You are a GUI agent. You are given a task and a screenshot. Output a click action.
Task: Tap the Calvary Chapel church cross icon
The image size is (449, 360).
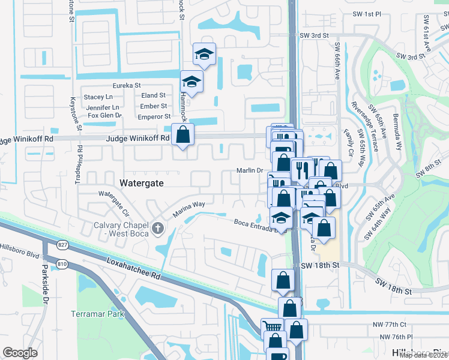point(158,227)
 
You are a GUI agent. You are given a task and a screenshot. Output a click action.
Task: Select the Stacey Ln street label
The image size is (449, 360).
point(98,97)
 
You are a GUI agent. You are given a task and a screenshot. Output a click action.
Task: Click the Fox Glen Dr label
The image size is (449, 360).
point(104,115)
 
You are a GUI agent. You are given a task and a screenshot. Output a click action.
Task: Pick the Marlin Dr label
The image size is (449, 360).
point(252,170)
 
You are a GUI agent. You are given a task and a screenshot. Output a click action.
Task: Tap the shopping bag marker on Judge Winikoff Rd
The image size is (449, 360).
point(182,135)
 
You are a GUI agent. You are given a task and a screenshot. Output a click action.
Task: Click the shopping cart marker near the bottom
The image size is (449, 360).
point(273,328)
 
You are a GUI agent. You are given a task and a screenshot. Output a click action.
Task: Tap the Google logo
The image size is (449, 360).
point(20,353)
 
